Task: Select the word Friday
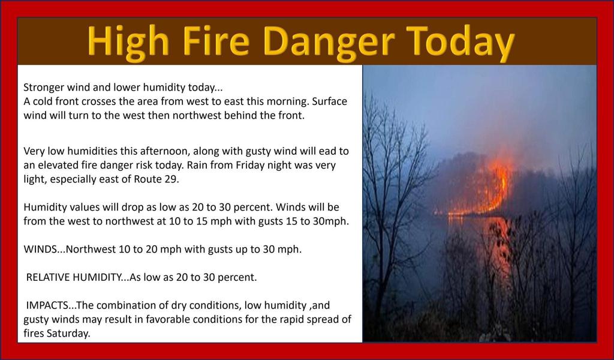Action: click(x=250, y=166)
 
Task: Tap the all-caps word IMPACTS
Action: click(x=47, y=305)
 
